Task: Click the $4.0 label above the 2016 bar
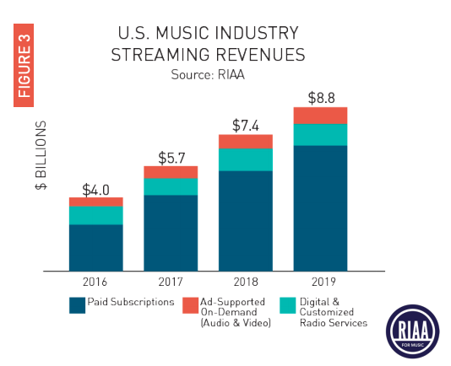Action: (95, 189)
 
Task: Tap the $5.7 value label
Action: (171, 157)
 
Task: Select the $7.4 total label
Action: (245, 126)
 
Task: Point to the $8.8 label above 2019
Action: (319, 98)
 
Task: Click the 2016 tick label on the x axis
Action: (95, 282)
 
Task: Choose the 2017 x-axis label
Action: (171, 282)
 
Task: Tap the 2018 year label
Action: (245, 282)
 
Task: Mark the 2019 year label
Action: (319, 282)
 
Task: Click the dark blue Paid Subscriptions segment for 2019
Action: (319, 207)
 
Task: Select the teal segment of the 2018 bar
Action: (245, 159)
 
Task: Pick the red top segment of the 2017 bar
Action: (171, 172)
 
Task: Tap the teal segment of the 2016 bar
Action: (95, 215)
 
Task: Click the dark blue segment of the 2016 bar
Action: (95, 247)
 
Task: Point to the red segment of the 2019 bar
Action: (319, 116)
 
